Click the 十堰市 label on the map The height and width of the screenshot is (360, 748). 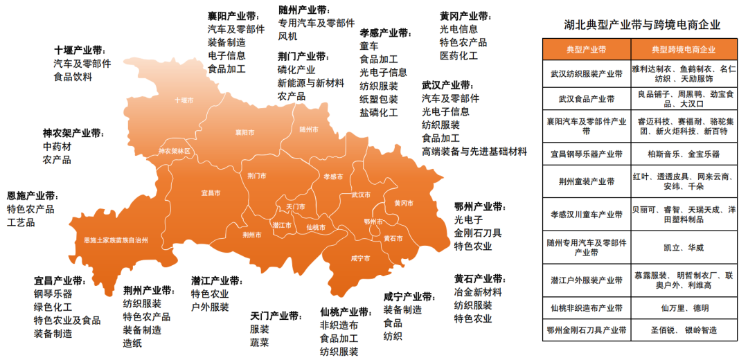[184, 100]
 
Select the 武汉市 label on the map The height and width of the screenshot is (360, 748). [361, 195]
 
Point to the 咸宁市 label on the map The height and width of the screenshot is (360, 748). [360, 258]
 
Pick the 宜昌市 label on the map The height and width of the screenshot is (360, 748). [211, 192]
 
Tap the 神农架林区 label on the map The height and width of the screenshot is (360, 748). [174, 150]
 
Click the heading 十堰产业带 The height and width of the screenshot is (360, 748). [80, 51]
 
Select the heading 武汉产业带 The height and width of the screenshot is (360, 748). [447, 86]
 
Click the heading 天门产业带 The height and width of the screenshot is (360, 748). [276, 316]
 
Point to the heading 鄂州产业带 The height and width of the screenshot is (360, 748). [480, 207]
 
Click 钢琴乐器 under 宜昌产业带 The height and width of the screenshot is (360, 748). [53, 294]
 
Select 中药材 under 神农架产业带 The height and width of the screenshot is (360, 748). [57, 147]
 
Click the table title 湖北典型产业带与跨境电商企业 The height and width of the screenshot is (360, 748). [642, 24]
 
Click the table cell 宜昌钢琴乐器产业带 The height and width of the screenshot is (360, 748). [586, 154]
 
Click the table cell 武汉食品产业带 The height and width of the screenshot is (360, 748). [586, 99]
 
